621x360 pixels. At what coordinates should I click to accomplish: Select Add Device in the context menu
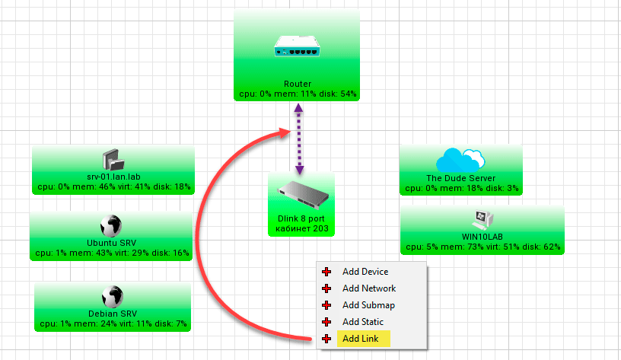point(365,272)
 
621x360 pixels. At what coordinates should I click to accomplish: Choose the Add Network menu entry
point(368,288)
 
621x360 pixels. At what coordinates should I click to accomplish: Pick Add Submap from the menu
point(368,305)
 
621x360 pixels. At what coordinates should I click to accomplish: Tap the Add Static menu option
point(363,322)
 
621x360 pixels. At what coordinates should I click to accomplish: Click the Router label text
point(297,84)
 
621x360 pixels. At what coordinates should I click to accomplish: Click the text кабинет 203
point(300,227)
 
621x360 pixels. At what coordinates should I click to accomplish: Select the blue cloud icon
point(460,158)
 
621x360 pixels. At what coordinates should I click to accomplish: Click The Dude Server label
point(461,178)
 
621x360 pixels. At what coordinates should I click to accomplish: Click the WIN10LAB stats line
point(482,247)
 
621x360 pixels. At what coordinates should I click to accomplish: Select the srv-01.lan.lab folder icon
point(113,160)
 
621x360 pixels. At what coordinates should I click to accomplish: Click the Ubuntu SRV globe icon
point(111,225)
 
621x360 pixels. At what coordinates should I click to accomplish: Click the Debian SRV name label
point(113,314)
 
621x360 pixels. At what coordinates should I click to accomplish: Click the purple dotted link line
point(299,141)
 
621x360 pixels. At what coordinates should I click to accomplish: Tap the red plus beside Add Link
point(326,339)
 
